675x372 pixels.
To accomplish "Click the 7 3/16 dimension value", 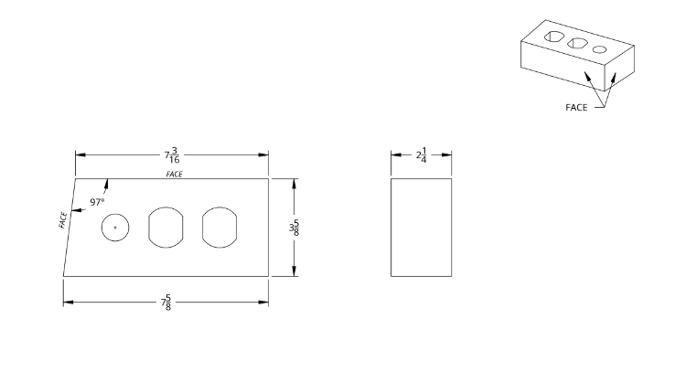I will pyautogui.click(x=172, y=154).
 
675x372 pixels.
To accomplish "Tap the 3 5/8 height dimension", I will pyautogui.click(x=295, y=227).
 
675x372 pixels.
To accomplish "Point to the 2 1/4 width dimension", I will pyautogui.click(x=421, y=154).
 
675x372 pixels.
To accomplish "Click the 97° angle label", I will pyautogui.click(x=97, y=202).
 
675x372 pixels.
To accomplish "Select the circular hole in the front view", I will pyautogui.click(x=115, y=227).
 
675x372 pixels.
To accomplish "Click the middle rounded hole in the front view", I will pyautogui.click(x=166, y=227).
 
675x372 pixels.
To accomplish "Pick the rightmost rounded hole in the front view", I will pyautogui.click(x=220, y=227).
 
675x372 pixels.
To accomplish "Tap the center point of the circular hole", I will pyautogui.click(x=115, y=227).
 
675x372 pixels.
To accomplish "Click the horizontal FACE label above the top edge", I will pyautogui.click(x=174, y=173).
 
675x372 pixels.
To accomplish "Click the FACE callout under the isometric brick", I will pyautogui.click(x=576, y=107).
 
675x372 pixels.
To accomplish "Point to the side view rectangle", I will pyautogui.click(x=421, y=227).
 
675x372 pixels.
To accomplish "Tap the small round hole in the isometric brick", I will pyautogui.click(x=599, y=49).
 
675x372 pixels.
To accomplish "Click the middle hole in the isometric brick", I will pyautogui.click(x=576, y=43).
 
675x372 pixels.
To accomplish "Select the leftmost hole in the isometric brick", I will pyautogui.click(x=553, y=37).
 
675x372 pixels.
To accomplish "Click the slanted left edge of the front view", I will pyautogui.click(x=69, y=227).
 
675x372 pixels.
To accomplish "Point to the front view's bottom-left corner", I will pyautogui.click(x=63, y=276).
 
